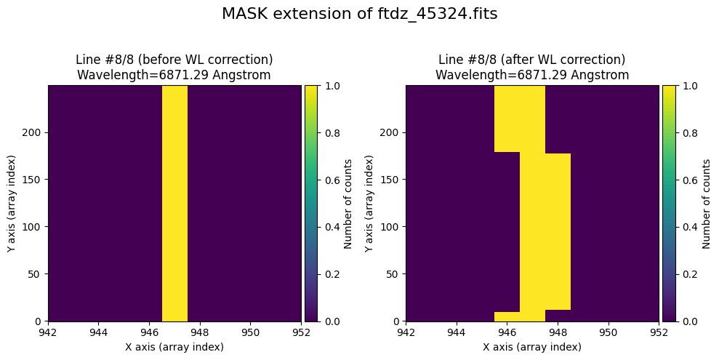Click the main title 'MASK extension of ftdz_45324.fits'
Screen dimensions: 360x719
(359, 15)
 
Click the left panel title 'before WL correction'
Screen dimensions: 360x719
(174, 60)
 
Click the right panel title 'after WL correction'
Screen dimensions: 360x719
(531, 60)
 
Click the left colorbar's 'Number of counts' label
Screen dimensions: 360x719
(348, 203)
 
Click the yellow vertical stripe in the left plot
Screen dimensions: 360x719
(174, 203)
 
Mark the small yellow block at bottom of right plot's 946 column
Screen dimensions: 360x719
(507, 316)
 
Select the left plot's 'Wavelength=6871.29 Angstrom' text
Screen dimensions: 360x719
(174, 74)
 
